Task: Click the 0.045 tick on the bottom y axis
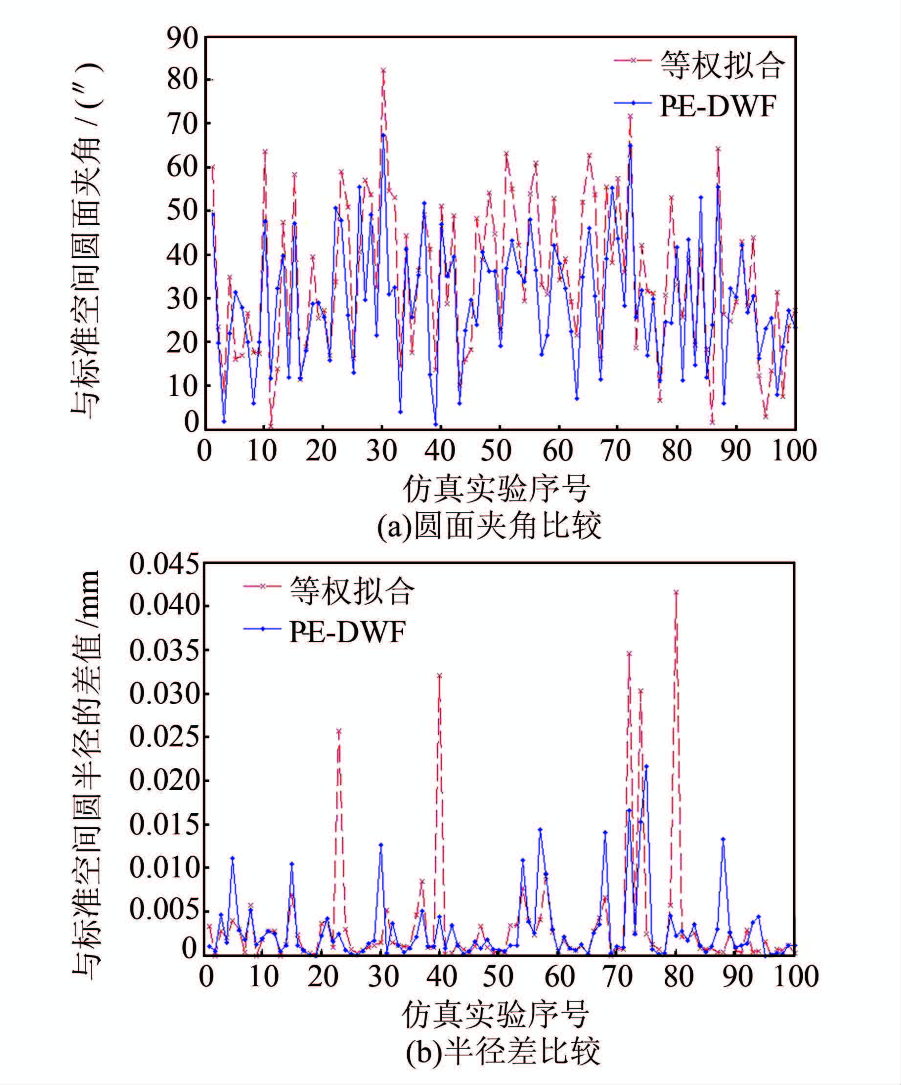pos(164,564)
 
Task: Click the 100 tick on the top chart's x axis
pos(794,451)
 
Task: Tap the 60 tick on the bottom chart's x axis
pos(560,976)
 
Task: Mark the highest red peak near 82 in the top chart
pos(383,70)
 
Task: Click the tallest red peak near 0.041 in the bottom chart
pos(676,592)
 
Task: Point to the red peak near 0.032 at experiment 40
pos(440,675)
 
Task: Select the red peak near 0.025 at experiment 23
pos(339,731)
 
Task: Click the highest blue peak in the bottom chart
pos(646,766)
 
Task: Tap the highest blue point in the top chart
pos(383,135)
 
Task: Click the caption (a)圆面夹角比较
pos(489,526)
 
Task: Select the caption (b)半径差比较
pos(503,1051)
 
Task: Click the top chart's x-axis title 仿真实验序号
pos(496,489)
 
